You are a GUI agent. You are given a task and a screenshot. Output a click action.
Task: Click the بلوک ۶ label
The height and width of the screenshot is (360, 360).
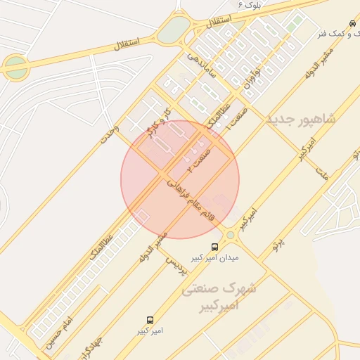click(x=249, y=5)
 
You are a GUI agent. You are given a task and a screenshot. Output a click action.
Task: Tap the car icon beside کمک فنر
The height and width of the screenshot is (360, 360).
click(x=352, y=23)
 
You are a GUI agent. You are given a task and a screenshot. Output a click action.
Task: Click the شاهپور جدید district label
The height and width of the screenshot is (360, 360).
click(x=300, y=119)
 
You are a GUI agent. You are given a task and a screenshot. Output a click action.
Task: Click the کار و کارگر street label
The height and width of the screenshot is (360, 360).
click(x=158, y=122)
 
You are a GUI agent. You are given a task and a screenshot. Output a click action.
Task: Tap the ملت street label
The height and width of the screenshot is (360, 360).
click(x=322, y=172)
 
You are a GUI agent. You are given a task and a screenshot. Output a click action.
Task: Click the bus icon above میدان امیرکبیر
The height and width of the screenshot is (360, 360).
click(x=214, y=247)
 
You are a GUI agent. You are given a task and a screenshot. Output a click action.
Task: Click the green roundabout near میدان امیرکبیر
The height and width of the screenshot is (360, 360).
click(x=230, y=235)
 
